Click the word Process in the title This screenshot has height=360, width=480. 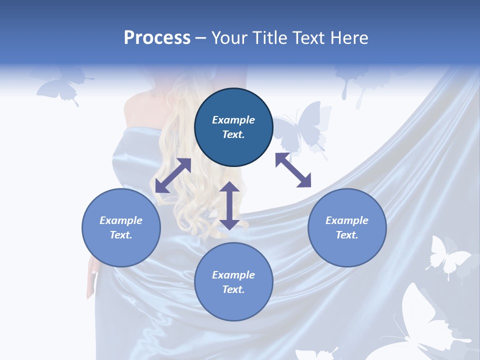pos(157,38)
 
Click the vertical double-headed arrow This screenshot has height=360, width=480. pos(229,205)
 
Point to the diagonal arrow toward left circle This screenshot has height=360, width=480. pos(173,175)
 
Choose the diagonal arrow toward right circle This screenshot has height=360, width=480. pos(293,170)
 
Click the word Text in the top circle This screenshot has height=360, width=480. pos(233,134)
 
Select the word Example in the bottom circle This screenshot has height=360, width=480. pos(233,274)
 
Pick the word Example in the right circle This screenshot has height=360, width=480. pos(347,220)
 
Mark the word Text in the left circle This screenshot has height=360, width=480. pos(121,235)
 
